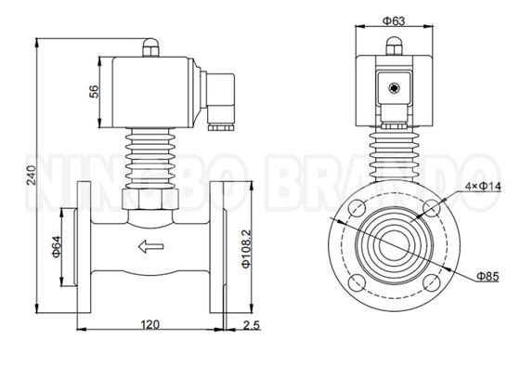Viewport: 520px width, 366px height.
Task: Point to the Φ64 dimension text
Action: tap(57, 246)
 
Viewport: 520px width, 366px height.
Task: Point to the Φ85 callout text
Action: tap(487, 276)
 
